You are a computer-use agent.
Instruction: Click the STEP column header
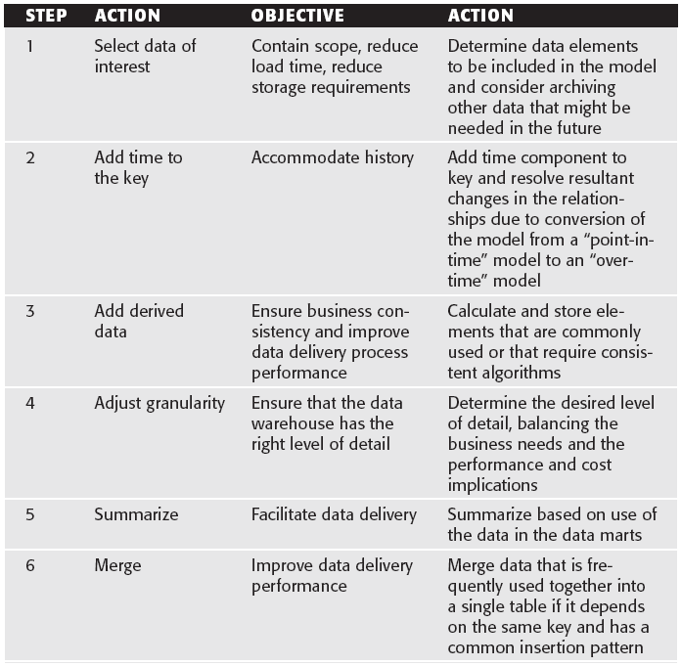[46, 17]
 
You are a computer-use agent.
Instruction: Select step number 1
[29, 46]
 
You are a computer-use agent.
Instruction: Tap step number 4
[29, 403]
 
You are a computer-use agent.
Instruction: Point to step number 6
[29, 565]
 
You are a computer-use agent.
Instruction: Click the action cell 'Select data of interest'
[145, 56]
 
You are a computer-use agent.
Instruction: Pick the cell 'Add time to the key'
[138, 167]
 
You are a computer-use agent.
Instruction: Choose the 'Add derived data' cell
[139, 321]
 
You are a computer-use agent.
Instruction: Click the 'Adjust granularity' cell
[159, 403]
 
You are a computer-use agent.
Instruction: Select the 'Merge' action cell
[117, 565]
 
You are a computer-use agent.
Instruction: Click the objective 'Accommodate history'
[332, 157]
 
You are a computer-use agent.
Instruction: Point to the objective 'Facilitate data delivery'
[334, 513]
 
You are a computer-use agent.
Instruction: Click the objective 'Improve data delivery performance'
[332, 575]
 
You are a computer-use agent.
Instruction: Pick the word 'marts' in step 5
[623, 534]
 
